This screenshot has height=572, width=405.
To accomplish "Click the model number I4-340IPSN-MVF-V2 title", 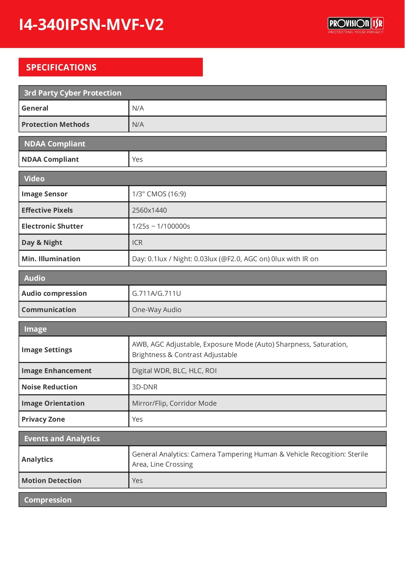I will (x=91, y=24).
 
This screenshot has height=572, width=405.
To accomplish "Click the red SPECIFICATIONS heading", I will (x=61, y=68).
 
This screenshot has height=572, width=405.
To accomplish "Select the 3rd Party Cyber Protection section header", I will (x=73, y=93).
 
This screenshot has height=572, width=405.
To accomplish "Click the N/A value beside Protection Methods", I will (x=138, y=125).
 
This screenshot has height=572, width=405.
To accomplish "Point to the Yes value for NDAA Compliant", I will (x=137, y=159).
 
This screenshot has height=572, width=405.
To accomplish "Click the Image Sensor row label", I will (x=45, y=194).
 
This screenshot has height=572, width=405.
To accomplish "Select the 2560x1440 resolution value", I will (x=149, y=210).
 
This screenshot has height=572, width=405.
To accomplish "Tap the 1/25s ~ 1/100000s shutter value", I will (x=161, y=226).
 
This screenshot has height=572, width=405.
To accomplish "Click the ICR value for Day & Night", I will (x=137, y=243).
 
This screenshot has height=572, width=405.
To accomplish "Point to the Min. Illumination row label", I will (x=51, y=259).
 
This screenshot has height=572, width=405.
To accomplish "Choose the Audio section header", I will (x=35, y=278).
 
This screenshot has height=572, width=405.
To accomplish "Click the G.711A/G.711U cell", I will (x=156, y=294).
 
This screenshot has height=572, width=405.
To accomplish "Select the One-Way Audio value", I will (x=157, y=310).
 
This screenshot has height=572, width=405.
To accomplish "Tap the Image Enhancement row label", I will (x=56, y=371).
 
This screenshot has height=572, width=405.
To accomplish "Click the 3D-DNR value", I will (x=144, y=387).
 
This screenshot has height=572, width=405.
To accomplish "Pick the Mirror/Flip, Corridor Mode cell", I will (x=174, y=403).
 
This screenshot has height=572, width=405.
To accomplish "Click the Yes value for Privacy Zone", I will (x=137, y=419).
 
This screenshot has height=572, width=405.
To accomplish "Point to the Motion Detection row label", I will (x=52, y=481).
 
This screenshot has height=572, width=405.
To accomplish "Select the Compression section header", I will (x=48, y=500).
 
